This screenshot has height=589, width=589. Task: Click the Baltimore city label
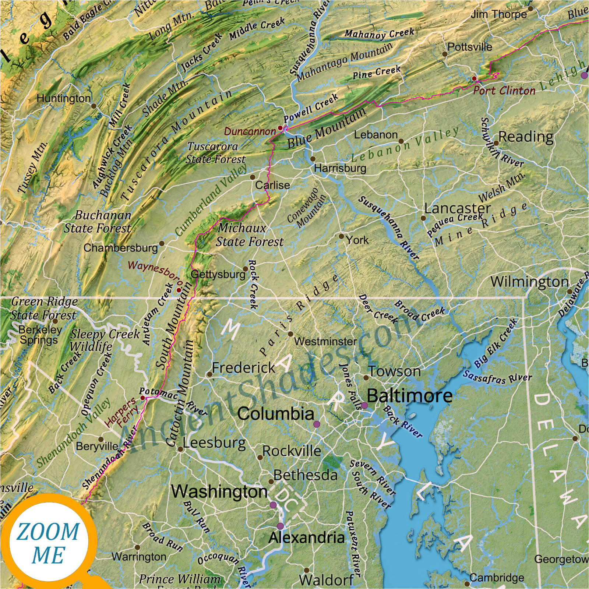pos(409,396)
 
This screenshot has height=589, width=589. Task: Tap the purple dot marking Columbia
pos(317,424)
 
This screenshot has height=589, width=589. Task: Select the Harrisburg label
pos(340,169)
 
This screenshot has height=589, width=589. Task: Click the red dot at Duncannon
pos(280,128)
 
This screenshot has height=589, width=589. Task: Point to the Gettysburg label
pos(218,274)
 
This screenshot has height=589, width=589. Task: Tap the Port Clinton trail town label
pos(504,91)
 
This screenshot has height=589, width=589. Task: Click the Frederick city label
pos(243,368)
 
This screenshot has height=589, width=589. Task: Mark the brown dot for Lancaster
pos(423,218)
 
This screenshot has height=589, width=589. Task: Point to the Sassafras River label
pos(497,377)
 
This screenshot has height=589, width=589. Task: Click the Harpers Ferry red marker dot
pos(143,398)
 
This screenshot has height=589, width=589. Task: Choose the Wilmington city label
pos(529,282)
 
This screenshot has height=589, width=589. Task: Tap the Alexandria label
pos(306,538)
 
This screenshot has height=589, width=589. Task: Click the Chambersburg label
pos(121,248)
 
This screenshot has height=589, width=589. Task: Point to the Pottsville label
pos(470,47)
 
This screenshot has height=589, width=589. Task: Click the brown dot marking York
pos(342,236)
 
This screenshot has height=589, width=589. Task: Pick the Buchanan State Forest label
pos(98,222)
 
